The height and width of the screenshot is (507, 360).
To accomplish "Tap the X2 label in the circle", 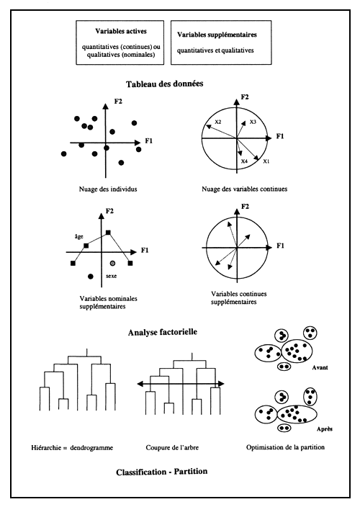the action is [x=217, y=122].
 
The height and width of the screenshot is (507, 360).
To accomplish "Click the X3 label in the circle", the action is [x=253, y=122].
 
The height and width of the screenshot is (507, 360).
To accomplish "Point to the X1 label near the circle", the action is [x=266, y=161].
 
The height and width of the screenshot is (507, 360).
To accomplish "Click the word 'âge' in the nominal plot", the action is [x=79, y=236].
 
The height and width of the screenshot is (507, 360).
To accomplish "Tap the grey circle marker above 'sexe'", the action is [x=112, y=264].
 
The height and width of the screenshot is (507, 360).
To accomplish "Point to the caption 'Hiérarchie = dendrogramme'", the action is [x=74, y=446].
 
